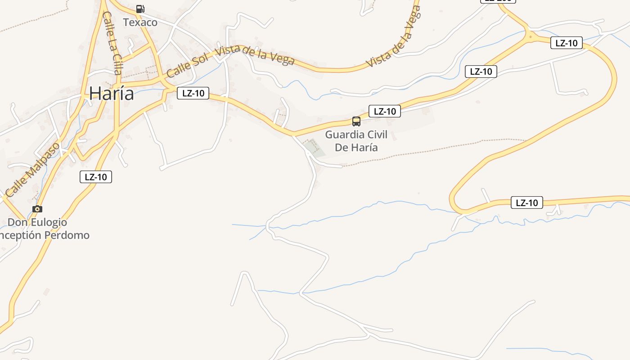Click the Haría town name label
pos(111,94)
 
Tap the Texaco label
pos(140,22)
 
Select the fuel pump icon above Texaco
pos(140,9)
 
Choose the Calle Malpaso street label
pos(32,170)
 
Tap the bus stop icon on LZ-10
pos(356,121)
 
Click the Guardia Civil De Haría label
pos(356,141)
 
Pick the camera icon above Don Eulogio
pos(37,209)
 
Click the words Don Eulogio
pos(37,222)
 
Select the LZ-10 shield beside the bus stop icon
pos(384,111)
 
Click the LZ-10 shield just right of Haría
pos(193,93)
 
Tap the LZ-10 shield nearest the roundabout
pos(566,43)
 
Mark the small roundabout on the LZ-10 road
pos(531,37)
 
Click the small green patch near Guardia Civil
pos(314,148)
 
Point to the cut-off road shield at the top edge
pos(498,1)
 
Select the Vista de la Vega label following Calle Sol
pos(255,55)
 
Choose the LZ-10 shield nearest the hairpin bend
pos(526,202)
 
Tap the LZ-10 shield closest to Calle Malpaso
pos(96,177)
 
